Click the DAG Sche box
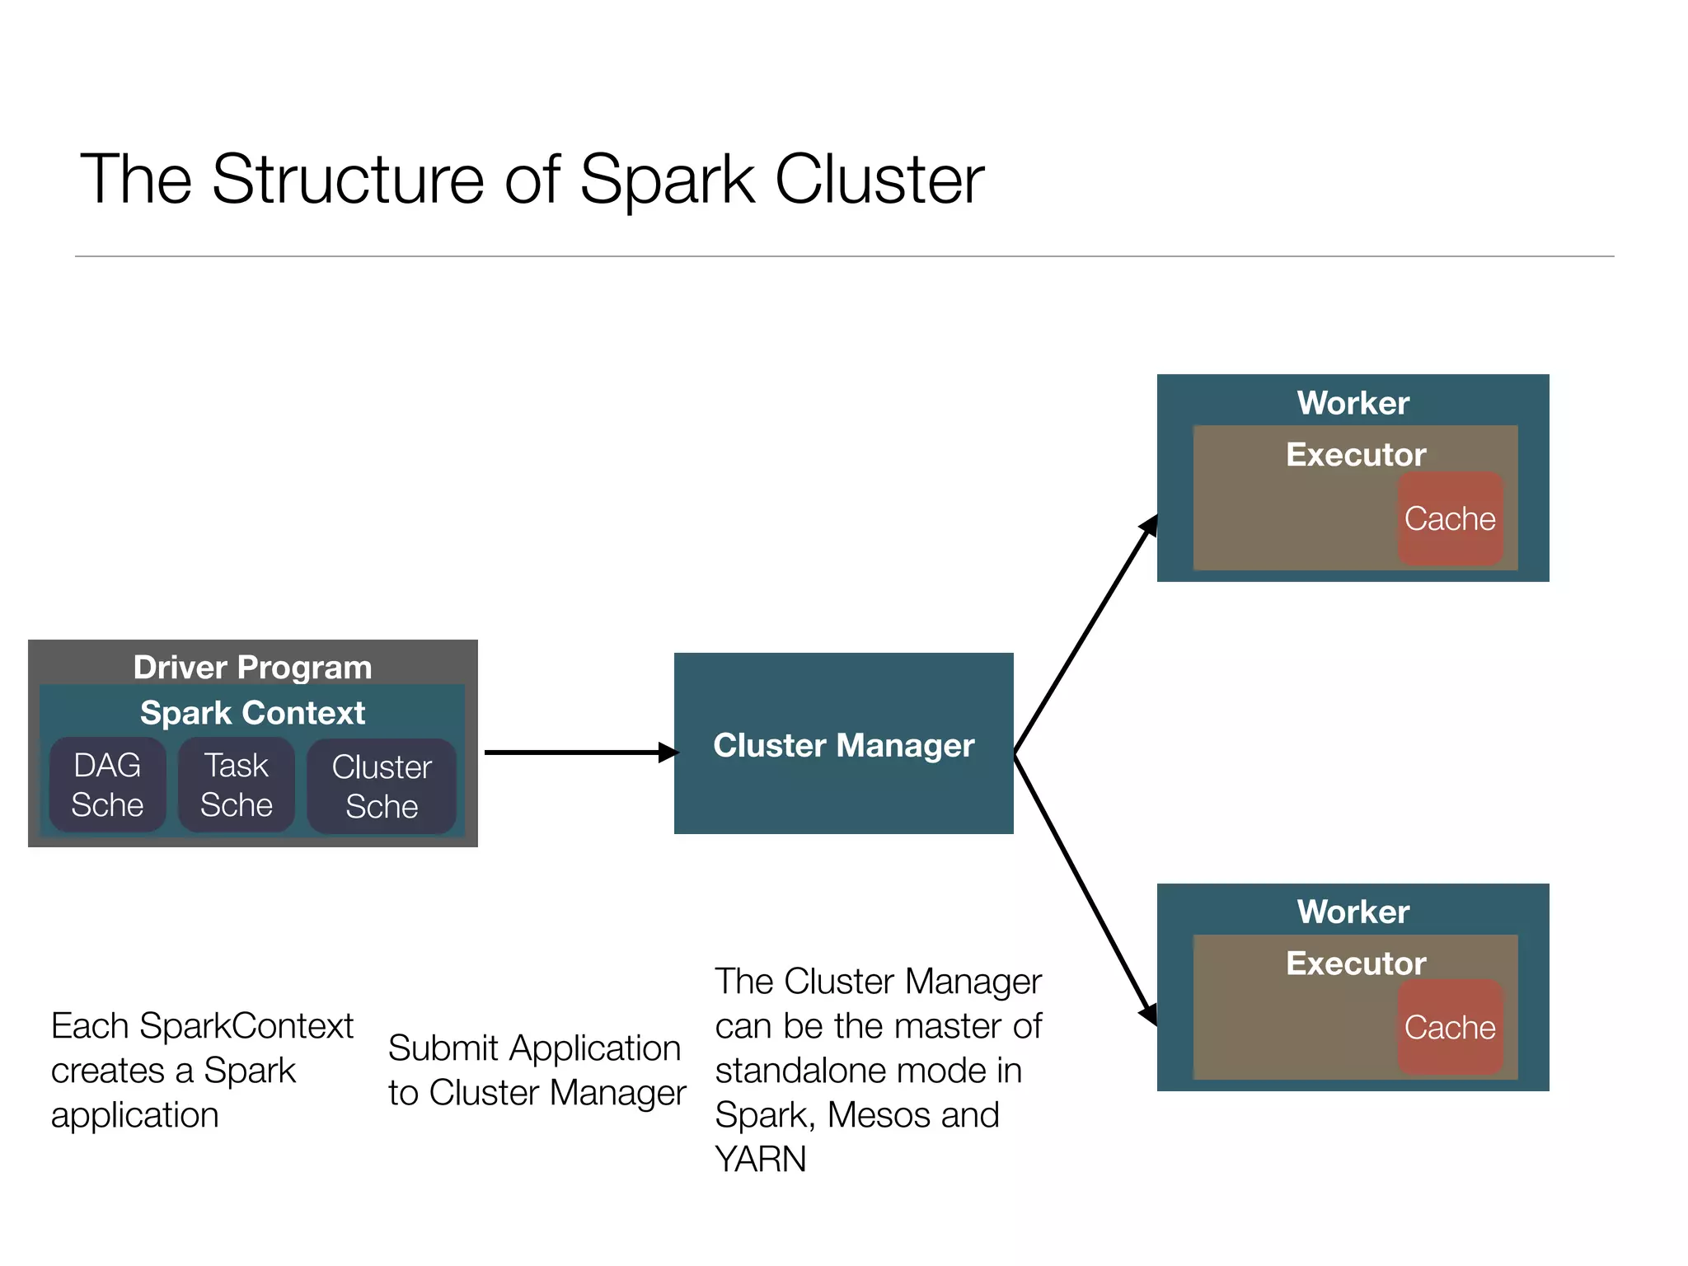click(x=107, y=785)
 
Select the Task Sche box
click(x=237, y=785)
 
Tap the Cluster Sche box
click(x=382, y=786)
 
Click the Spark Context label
click(x=252, y=713)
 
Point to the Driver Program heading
click(x=252, y=667)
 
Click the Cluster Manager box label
click(x=843, y=745)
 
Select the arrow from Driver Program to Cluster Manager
click(x=577, y=753)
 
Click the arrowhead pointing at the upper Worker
click(x=1149, y=525)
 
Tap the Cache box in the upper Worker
click(x=1450, y=518)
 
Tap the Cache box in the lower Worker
click(x=1450, y=1027)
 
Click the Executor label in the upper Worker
click(x=1356, y=455)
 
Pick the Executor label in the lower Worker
click(x=1356, y=964)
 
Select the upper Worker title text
click(x=1353, y=403)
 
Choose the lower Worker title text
click(x=1353, y=912)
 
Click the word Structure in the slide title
click(x=348, y=179)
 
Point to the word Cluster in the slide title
click(x=879, y=179)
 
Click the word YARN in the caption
click(x=760, y=1160)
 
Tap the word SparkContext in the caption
click(x=246, y=1026)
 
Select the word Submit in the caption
click(x=443, y=1048)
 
